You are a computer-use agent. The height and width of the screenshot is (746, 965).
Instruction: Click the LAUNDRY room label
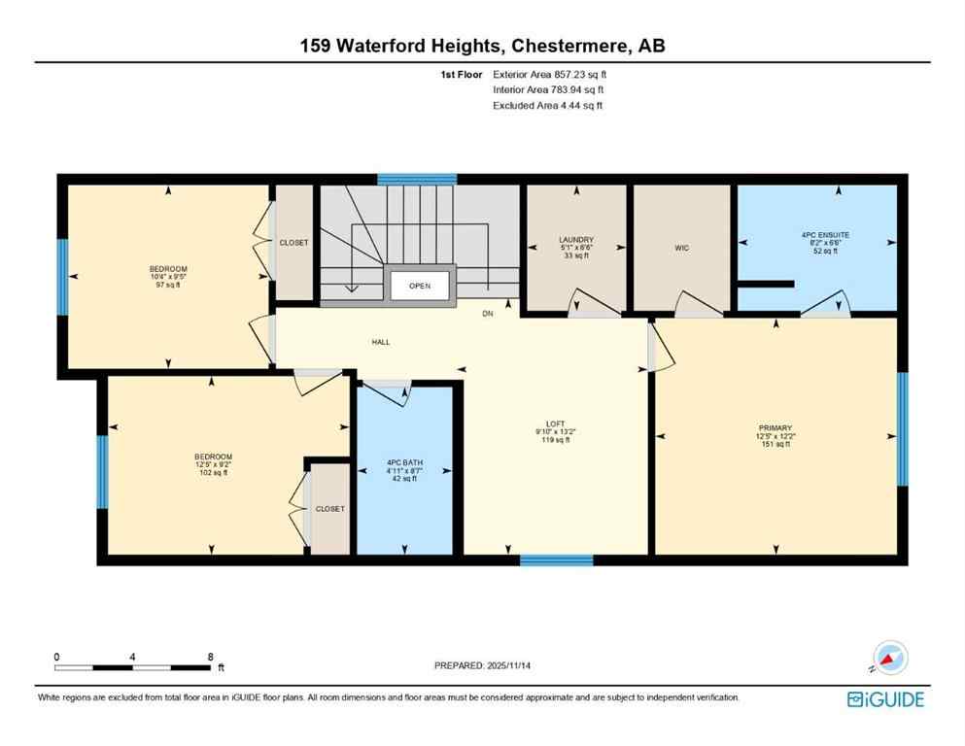click(576, 239)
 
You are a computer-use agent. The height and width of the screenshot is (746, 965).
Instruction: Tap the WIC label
click(681, 249)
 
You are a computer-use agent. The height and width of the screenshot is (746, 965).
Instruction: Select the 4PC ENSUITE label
click(816, 233)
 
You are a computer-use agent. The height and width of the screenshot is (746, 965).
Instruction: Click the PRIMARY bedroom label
click(775, 428)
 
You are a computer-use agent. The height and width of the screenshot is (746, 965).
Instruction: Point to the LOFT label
click(556, 424)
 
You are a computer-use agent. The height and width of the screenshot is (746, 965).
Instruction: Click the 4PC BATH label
click(403, 461)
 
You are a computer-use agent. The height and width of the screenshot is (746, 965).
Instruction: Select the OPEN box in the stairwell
click(419, 287)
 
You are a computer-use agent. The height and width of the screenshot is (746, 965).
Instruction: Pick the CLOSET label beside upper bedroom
click(293, 243)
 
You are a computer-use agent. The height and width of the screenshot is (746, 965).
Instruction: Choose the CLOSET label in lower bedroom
click(329, 508)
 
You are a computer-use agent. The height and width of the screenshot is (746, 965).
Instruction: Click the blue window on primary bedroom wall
click(902, 428)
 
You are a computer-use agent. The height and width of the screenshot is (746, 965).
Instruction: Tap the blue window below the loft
click(556, 560)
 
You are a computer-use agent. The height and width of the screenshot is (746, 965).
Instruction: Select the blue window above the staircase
click(417, 179)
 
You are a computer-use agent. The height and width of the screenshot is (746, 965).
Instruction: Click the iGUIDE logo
click(885, 698)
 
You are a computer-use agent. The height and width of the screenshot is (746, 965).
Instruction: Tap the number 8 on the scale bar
click(210, 657)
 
